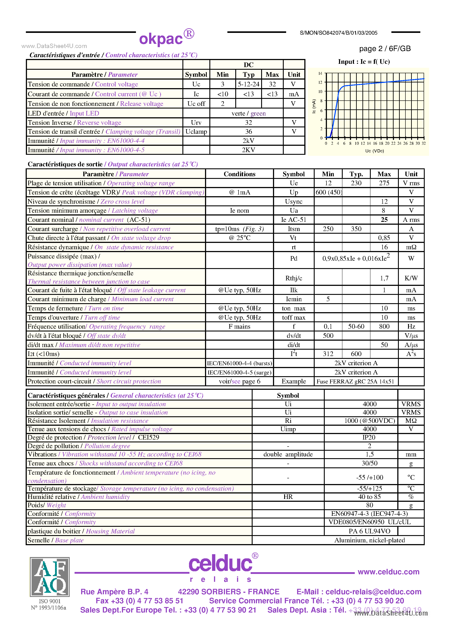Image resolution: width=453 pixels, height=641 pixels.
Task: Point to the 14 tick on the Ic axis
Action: coord(320,73)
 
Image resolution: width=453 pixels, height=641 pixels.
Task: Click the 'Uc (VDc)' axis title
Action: coord(374,151)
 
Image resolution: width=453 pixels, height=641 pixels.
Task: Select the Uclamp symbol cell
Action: coord(196,132)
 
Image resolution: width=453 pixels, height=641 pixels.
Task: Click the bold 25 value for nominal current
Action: coord(384,220)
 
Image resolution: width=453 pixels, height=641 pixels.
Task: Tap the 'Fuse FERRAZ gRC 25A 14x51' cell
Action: coord(355,381)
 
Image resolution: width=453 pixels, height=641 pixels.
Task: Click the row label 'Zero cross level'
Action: coord(122,201)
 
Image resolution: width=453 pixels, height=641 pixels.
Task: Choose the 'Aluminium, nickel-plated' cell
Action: coord(369,540)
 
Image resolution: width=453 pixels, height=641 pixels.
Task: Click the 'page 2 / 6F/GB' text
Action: coord(385,49)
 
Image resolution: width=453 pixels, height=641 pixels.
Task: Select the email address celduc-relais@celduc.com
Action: coord(373,592)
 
